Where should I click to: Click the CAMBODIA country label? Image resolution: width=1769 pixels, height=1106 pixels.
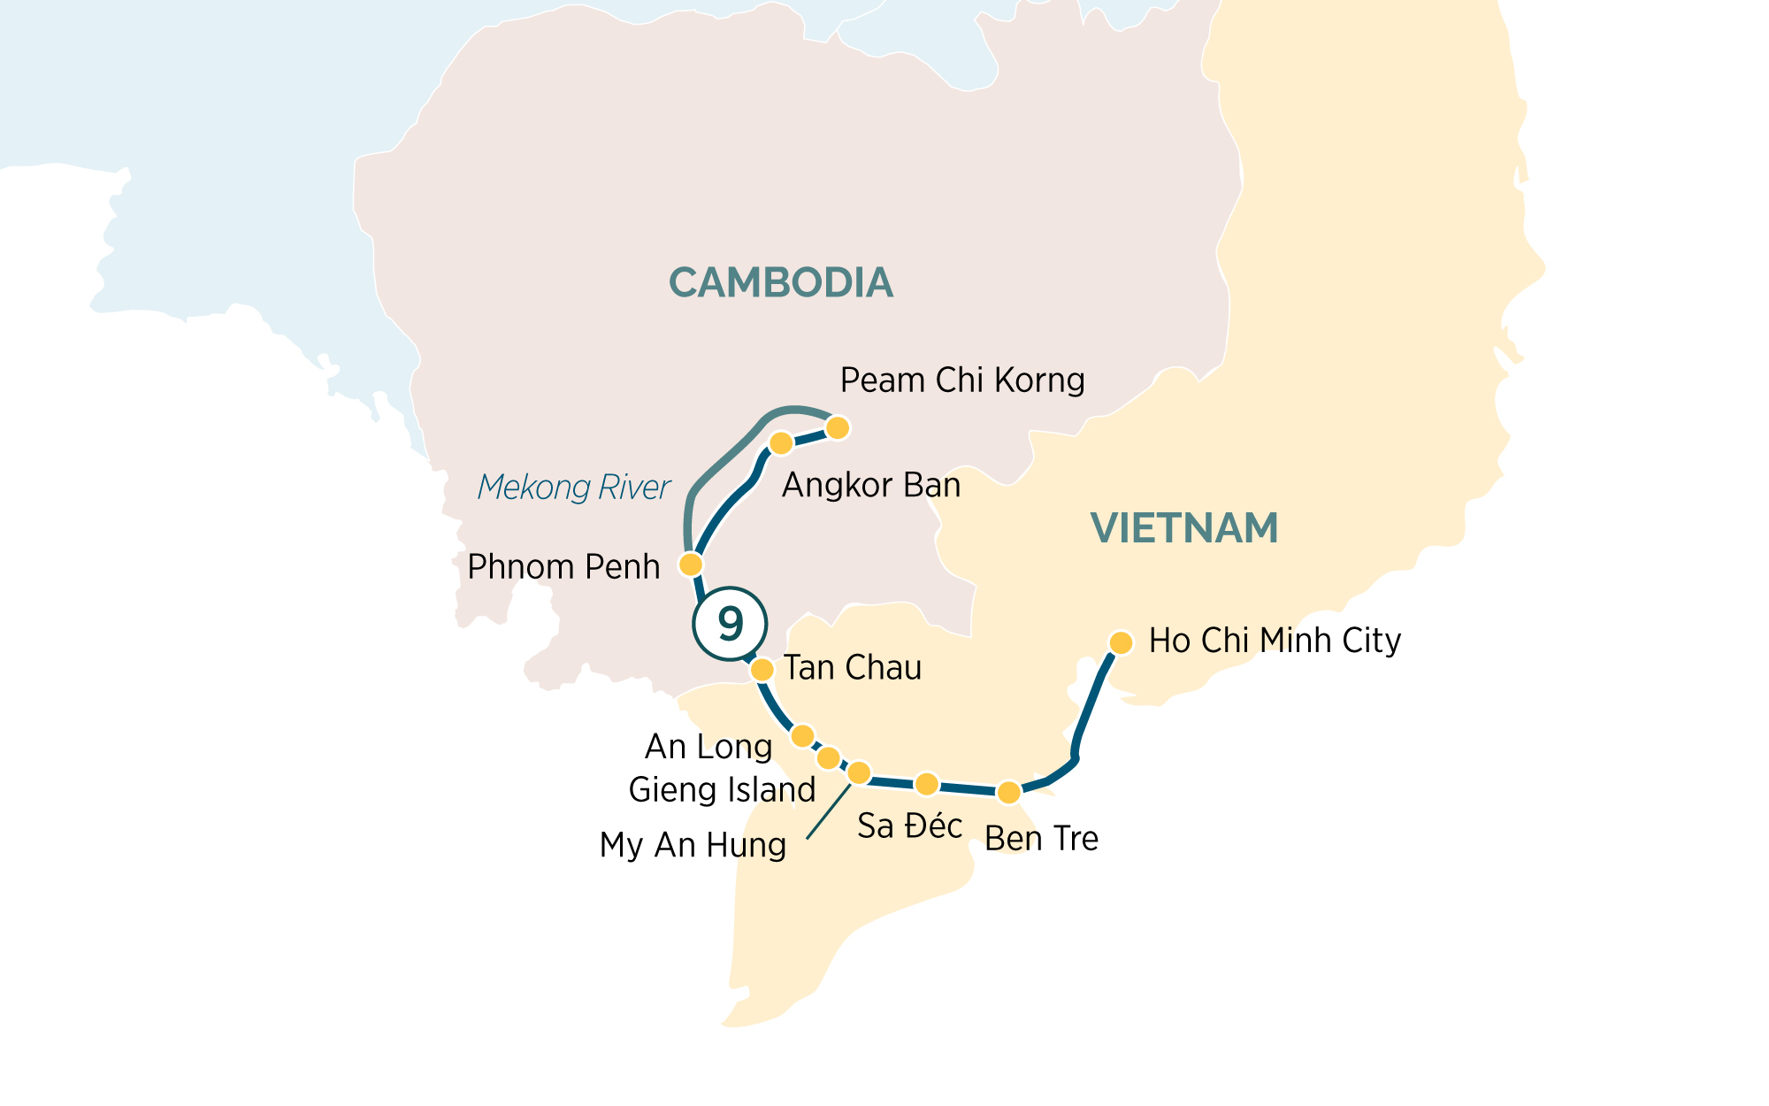click(x=780, y=283)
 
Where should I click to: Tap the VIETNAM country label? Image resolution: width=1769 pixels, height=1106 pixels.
click(x=1184, y=528)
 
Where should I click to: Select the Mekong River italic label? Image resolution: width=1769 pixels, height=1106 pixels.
click(x=573, y=488)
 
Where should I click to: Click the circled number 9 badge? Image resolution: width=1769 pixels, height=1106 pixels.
click(x=730, y=624)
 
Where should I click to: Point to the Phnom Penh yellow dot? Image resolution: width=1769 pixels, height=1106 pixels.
click(x=691, y=564)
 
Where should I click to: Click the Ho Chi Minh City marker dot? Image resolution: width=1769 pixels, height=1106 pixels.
click(x=1121, y=642)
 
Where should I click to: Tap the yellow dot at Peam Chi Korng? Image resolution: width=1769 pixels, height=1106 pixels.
click(x=837, y=428)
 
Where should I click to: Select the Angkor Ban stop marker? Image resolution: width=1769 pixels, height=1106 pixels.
click(x=781, y=442)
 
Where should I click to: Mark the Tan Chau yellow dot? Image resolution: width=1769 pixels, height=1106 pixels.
click(x=762, y=670)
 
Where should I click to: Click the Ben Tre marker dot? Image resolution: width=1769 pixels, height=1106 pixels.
click(x=1008, y=792)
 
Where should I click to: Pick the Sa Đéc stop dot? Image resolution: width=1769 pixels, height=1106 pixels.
click(x=926, y=784)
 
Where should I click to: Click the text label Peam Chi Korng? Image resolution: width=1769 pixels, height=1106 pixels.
click(x=961, y=380)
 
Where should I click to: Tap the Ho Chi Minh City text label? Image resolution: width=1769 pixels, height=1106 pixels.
click(x=1274, y=641)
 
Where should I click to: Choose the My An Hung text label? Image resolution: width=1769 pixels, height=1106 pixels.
click(x=693, y=845)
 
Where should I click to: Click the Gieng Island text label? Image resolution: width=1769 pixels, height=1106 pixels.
click(x=722, y=789)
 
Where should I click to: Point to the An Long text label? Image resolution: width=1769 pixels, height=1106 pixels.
click(x=708, y=747)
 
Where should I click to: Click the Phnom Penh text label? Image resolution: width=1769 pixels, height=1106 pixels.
click(x=563, y=567)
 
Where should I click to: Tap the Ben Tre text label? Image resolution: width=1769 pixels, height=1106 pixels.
click(x=1041, y=839)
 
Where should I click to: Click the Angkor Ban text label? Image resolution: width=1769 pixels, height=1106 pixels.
click(x=871, y=485)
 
